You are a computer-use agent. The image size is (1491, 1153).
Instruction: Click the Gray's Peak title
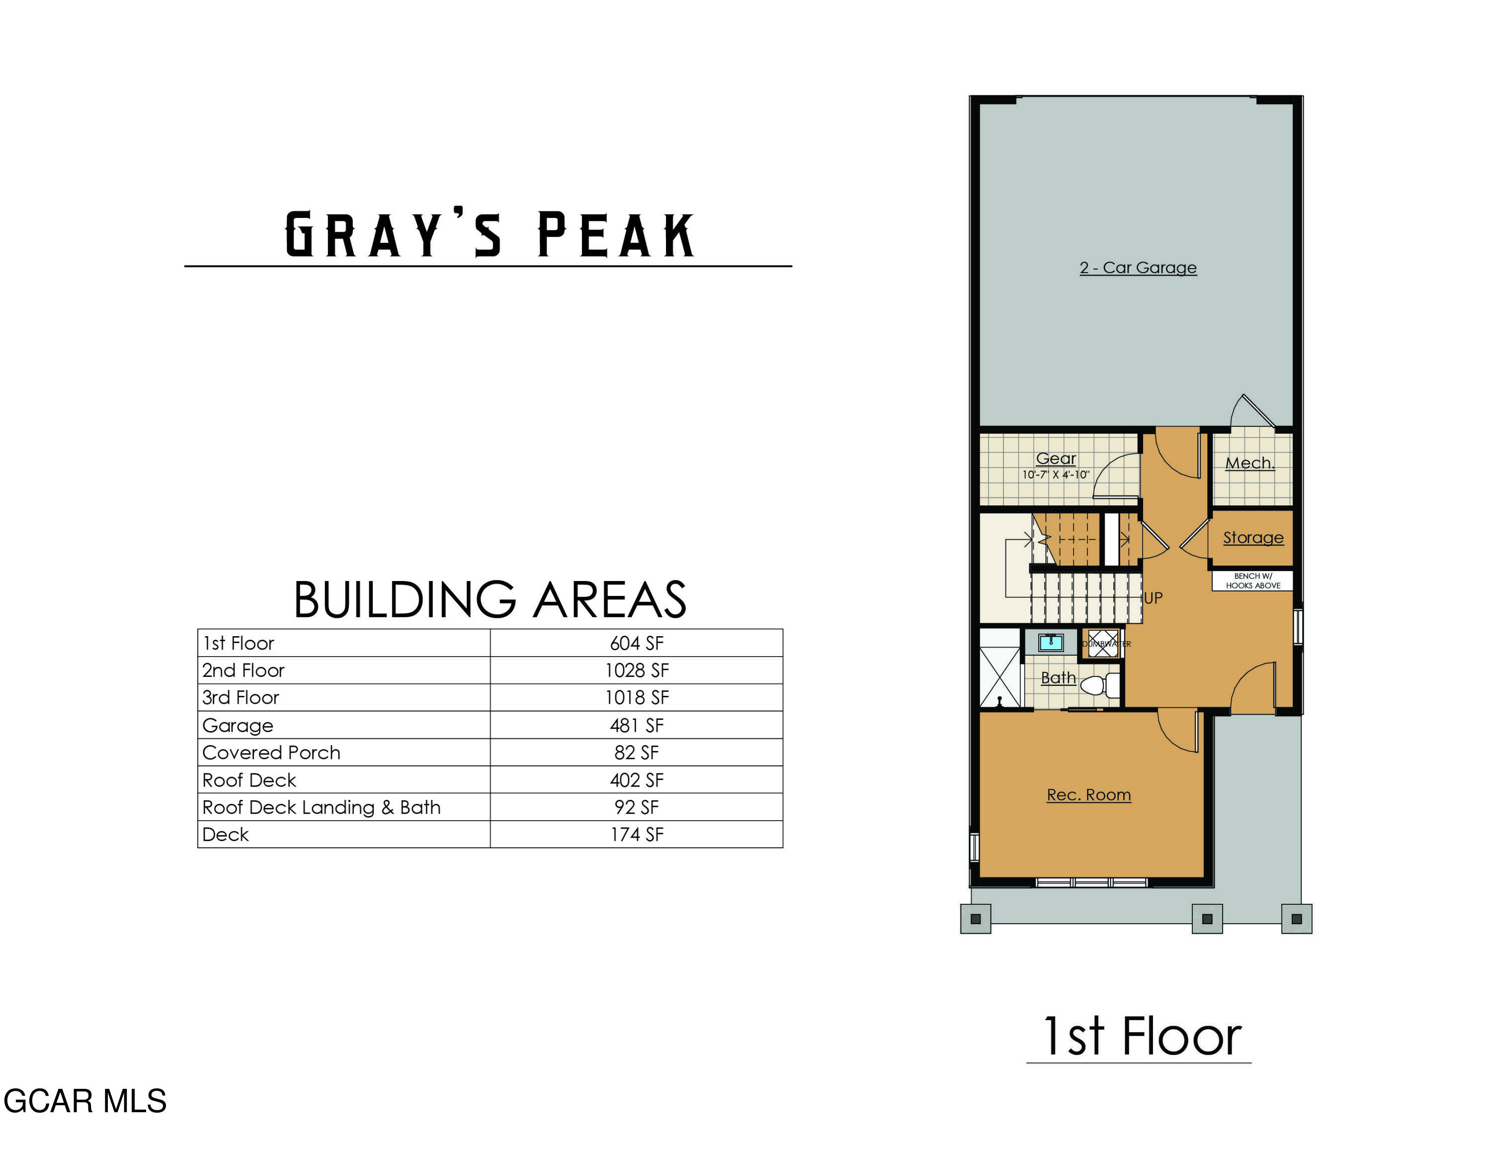pyautogui.click(x=489, y=234)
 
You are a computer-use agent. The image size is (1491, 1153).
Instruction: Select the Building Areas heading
pyautogui.click(x=490, y=600)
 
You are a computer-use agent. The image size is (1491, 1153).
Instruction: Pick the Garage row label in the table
pyautogui.click(x=238, y=725)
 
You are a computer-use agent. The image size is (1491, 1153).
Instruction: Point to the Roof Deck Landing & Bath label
pyautogui.click(x=322, y=807)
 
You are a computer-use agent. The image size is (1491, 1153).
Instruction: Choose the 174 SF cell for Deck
pyautogui.click(x=636, y=835)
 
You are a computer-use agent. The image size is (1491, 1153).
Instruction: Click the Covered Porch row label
pyautogui.click(x=271, y=753)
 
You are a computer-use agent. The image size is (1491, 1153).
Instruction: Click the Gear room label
pyautogui.click(x=1056, y=458)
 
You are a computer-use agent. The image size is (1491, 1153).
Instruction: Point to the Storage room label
pyautogui.click(x=1253, y=538)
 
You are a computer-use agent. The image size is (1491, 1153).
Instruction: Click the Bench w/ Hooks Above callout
pyautogui.click(x=1253, y=580)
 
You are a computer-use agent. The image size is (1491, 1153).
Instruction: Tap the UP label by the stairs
pyautogui.click(x=1153, y=598)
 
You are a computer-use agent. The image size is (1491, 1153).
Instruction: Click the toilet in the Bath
pyautogui.click(x=1096, y=685)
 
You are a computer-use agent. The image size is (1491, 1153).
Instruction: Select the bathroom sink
pyautogui.click(x=1051, y=642)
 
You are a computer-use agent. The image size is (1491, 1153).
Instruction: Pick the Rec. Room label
pyautogui.click(x=1089, y=795)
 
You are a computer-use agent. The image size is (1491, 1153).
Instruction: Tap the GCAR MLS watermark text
pyautogui.click(x=84, y=1101)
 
